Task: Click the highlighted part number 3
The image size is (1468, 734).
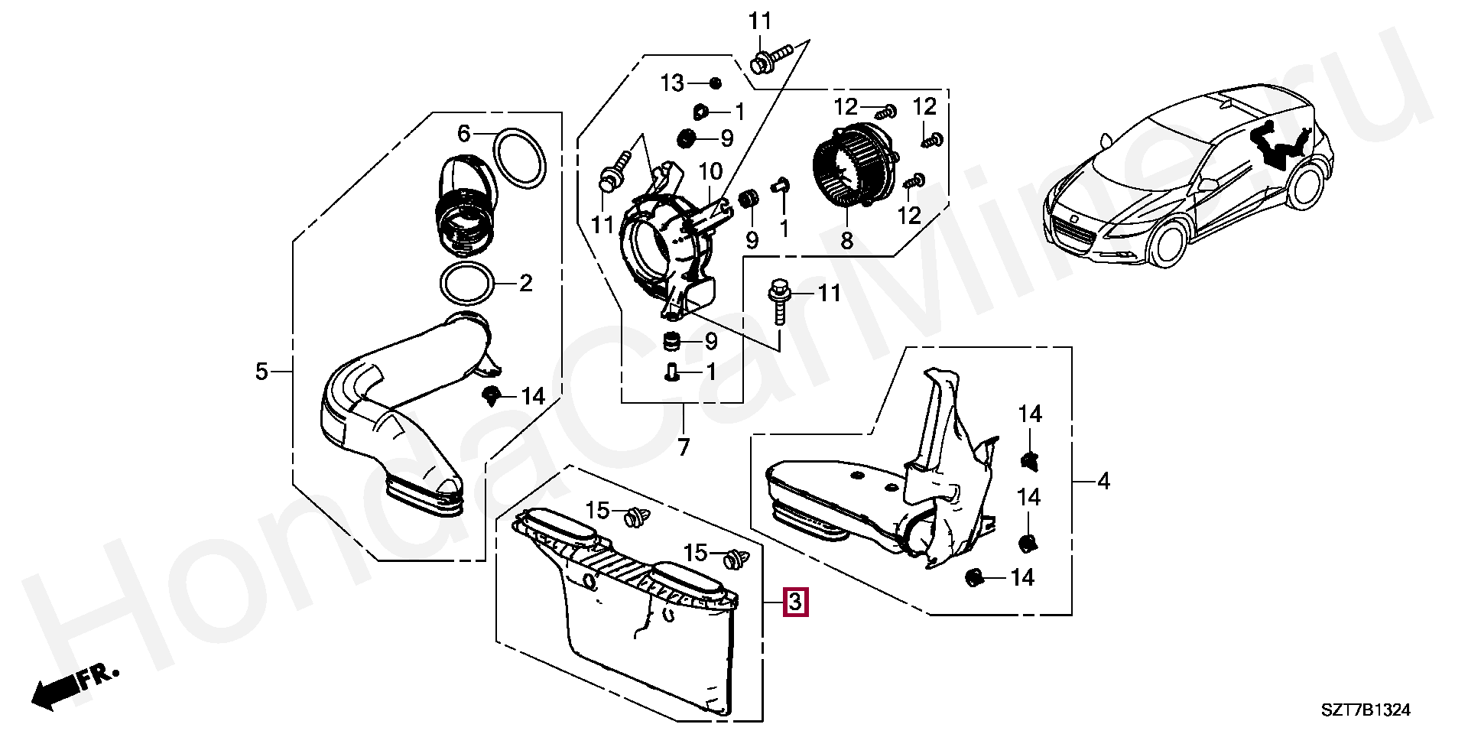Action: click(795, 602)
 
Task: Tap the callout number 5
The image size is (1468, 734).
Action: click(261, 372)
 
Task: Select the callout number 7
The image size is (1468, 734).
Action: click(683, 447)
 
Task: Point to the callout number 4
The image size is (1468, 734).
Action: click(1103, 482)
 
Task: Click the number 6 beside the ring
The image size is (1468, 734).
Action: click(464, 135)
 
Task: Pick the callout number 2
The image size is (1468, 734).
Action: click(525, 284)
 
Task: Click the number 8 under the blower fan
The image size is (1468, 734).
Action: click(846, 242)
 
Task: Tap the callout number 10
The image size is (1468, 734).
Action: click(709, 169)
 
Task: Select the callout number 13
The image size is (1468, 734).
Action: click(672, 83)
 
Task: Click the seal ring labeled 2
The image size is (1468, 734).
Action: click(467, 285)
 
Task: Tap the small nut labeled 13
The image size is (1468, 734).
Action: click(716, 83)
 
